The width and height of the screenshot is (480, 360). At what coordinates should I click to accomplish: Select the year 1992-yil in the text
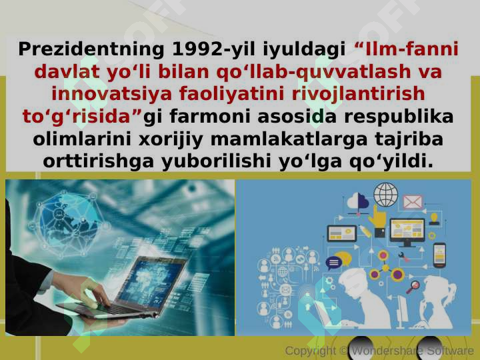coord(214,49)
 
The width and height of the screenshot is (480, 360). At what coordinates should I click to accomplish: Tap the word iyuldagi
coord(304,49)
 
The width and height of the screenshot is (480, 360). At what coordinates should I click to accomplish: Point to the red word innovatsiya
coord(111,94)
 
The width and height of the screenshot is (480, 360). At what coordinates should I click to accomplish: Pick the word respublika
coord(399,117)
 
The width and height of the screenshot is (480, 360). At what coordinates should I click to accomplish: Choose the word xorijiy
coord(171,139)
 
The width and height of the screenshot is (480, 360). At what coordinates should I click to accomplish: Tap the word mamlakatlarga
coord(289,139)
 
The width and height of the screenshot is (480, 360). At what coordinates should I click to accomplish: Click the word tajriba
coord(409,139)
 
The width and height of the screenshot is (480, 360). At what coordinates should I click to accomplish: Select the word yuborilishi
coord(216,162)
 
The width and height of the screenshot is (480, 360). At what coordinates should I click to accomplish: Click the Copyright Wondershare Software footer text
coord(379,351)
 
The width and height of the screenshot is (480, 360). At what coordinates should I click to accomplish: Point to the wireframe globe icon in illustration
coord(386,195)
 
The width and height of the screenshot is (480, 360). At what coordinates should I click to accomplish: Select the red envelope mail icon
coord(413,202)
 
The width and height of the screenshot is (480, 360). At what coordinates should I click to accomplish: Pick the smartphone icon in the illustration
coord(439,255)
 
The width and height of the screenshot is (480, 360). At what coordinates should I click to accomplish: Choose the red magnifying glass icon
coord(413,287)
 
